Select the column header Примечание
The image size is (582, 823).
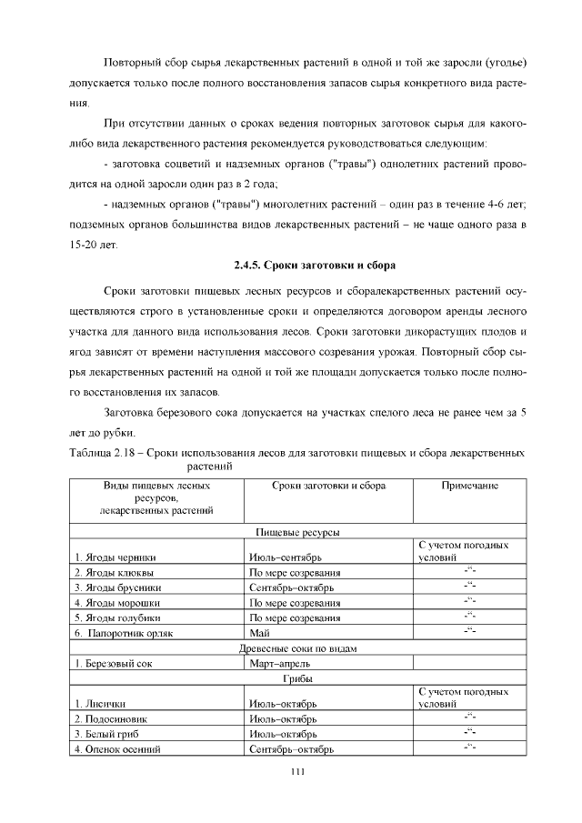(469, 487)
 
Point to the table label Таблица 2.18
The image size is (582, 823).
(104, 451)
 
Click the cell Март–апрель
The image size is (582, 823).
(276, 664)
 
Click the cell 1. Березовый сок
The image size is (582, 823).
(113, 664)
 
